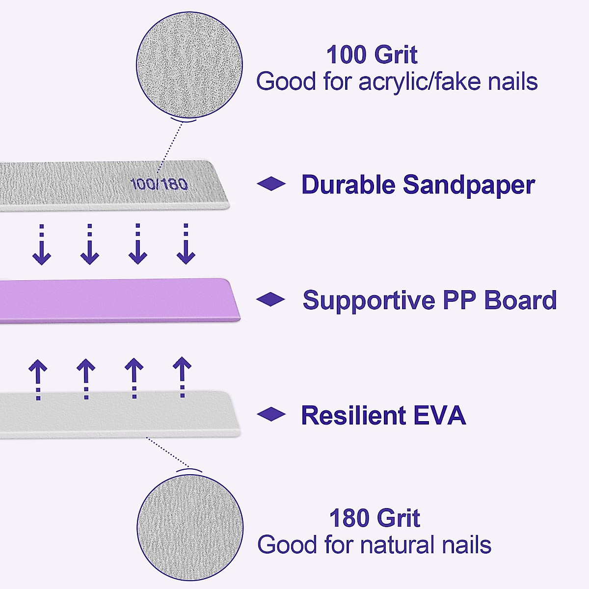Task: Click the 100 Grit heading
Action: pos(372,55)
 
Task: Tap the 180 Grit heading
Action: pos(375,518)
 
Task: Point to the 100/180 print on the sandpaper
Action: pos(159,185)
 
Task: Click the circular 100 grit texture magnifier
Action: pos(189,66)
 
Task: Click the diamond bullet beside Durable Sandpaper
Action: pos(271,184)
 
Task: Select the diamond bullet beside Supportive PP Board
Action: pos(270,299)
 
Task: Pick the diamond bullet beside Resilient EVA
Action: pos(271,415)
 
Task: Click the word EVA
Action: pos(439,415)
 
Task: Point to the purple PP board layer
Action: pos(118,300)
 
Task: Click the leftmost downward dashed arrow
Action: pos(42,245)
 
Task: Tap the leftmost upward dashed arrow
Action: pos(38,379)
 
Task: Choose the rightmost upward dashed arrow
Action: pos(182,377)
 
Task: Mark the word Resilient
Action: pos(353,415)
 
